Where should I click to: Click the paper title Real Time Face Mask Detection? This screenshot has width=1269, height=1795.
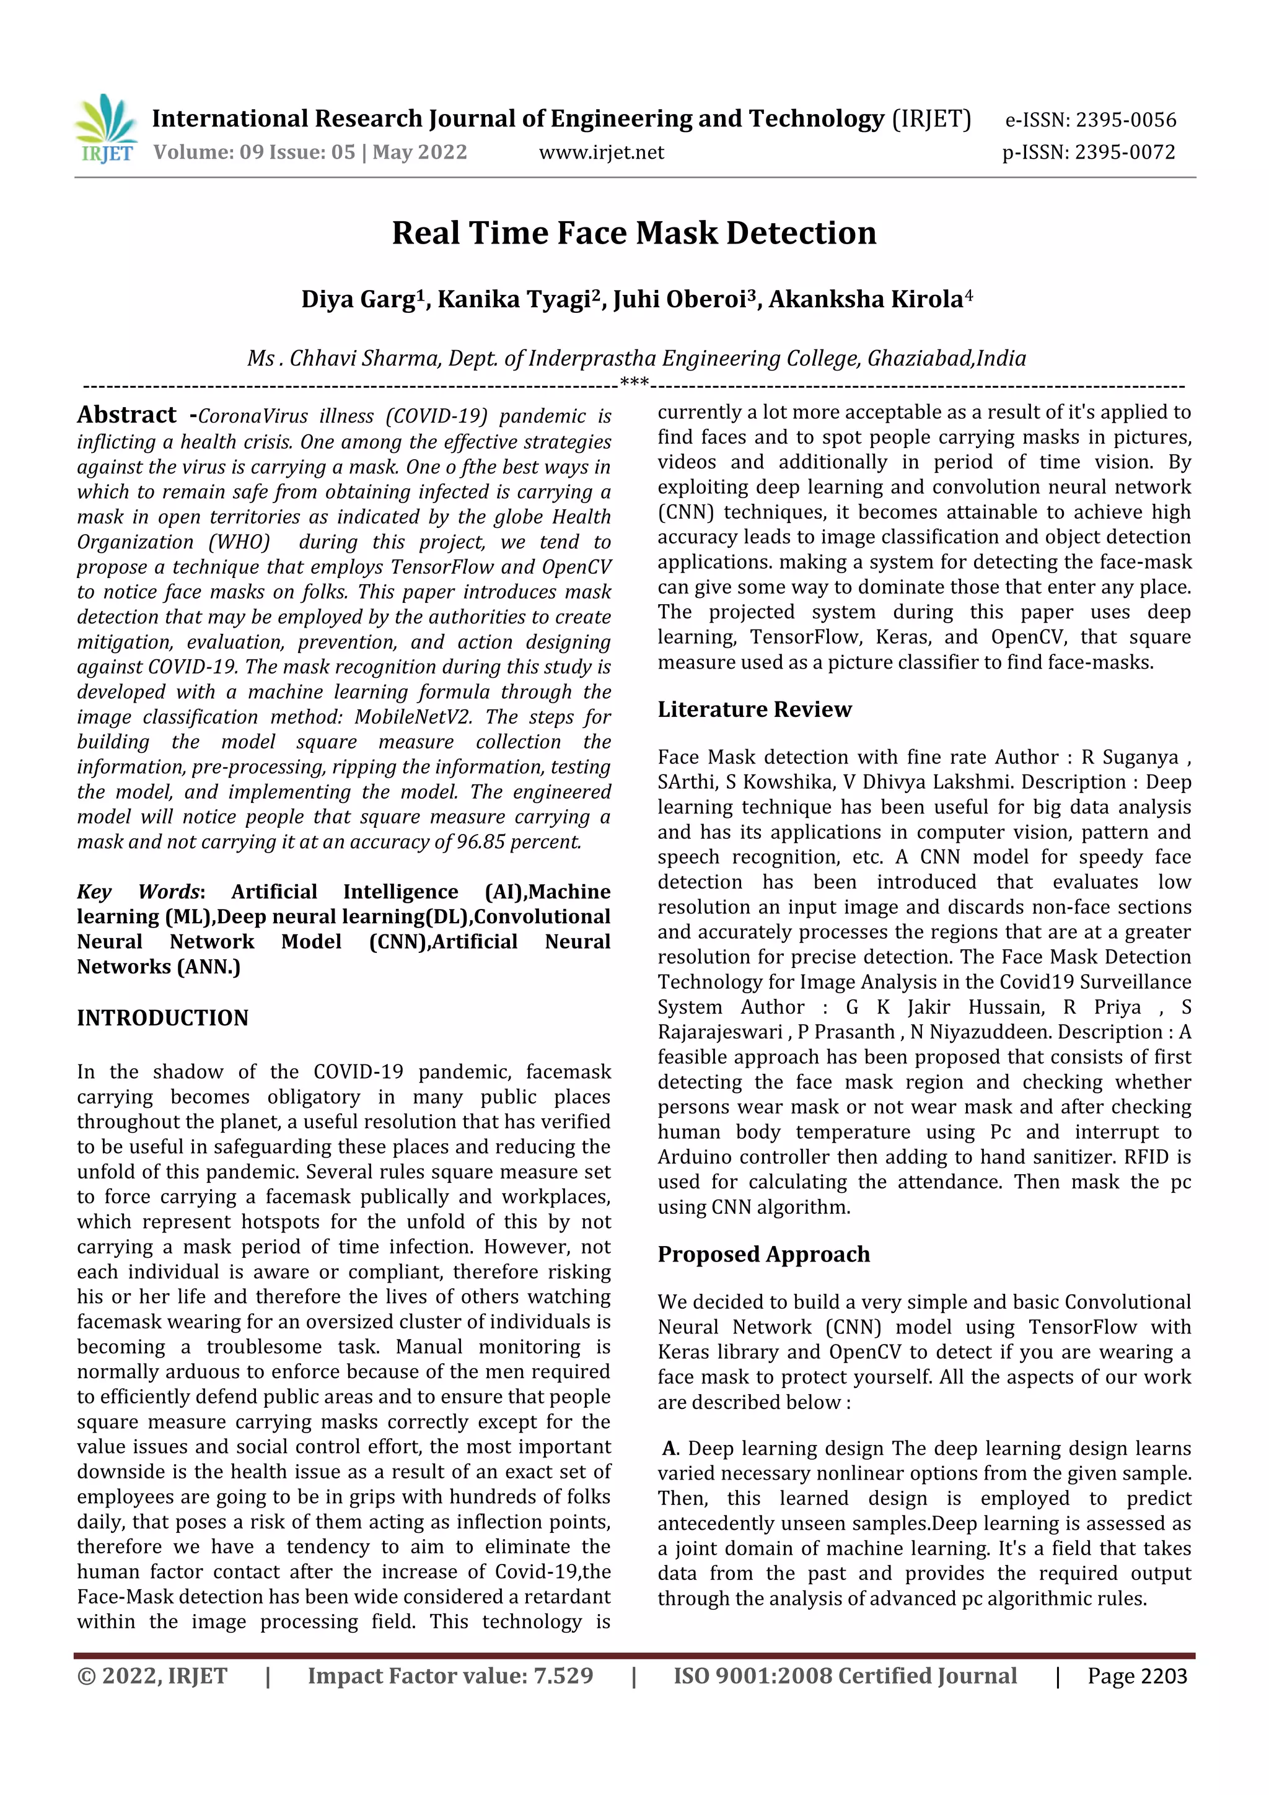[x=633, y=233]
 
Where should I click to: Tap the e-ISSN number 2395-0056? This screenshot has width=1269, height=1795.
[x=1125, y=120]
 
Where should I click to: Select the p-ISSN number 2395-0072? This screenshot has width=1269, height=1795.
[x=1125, y=152]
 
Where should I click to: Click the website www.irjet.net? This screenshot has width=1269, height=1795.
[x=600, y=152]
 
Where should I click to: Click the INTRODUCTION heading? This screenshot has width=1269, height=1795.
[x=162, y=1018]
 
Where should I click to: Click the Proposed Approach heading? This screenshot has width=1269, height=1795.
[x=763, y=1254]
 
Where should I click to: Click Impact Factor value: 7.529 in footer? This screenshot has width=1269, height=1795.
[x=450, y=1676]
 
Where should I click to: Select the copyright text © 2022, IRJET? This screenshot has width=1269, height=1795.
[x=152, y=1676]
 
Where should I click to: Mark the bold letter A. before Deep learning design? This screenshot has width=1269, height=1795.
[x=670, y=1449]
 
